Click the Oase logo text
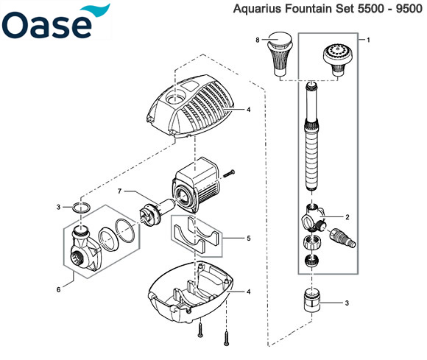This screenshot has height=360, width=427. pos(47,24)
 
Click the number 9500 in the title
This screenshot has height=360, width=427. pos(409,9)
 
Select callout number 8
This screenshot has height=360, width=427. pos(258,40)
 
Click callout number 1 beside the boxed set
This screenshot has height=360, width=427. pos(368,40)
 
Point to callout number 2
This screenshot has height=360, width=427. pos(347,217)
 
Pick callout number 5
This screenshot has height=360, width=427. pos(249,239)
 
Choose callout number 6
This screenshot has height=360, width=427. pos(59,289)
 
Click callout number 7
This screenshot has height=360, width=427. pos(119,191)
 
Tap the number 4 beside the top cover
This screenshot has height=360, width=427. pos(248,110)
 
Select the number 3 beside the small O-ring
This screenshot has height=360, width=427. pos(58,207)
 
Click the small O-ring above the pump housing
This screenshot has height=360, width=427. pos(81,208)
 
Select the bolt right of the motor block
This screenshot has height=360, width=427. pos(229,174)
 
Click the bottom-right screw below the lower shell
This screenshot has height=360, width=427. pos(226,338)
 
